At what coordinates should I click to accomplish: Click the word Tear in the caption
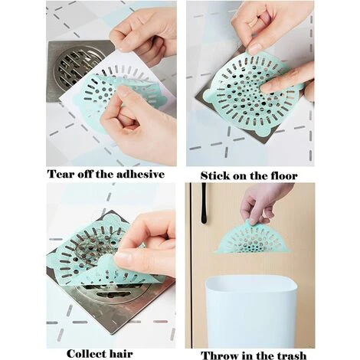point(63,174)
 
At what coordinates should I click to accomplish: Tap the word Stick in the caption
point(218,175)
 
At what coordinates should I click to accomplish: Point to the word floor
point(280,175)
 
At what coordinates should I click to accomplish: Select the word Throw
point(219,355)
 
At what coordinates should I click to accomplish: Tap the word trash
point(293,355)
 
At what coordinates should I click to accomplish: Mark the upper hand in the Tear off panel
point(142,34)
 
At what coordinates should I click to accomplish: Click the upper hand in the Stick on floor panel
point(268,27)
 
